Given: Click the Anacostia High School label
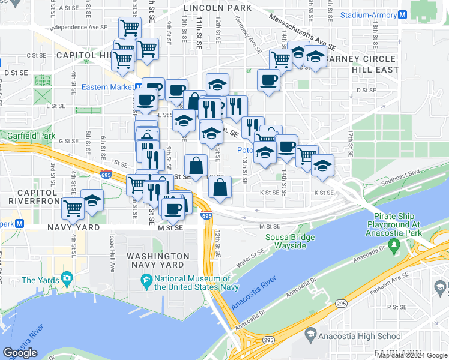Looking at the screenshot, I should pos(351,335).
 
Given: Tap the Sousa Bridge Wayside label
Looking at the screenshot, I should pos(289,241).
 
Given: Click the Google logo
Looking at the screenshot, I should pos(20,353).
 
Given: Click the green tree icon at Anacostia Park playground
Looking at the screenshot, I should pos(394,245).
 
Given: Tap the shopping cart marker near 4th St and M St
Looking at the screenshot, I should pos(73,209).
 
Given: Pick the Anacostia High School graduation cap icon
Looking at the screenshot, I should pos(310,333).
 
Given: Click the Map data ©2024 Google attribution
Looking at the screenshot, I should pos(412,355).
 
